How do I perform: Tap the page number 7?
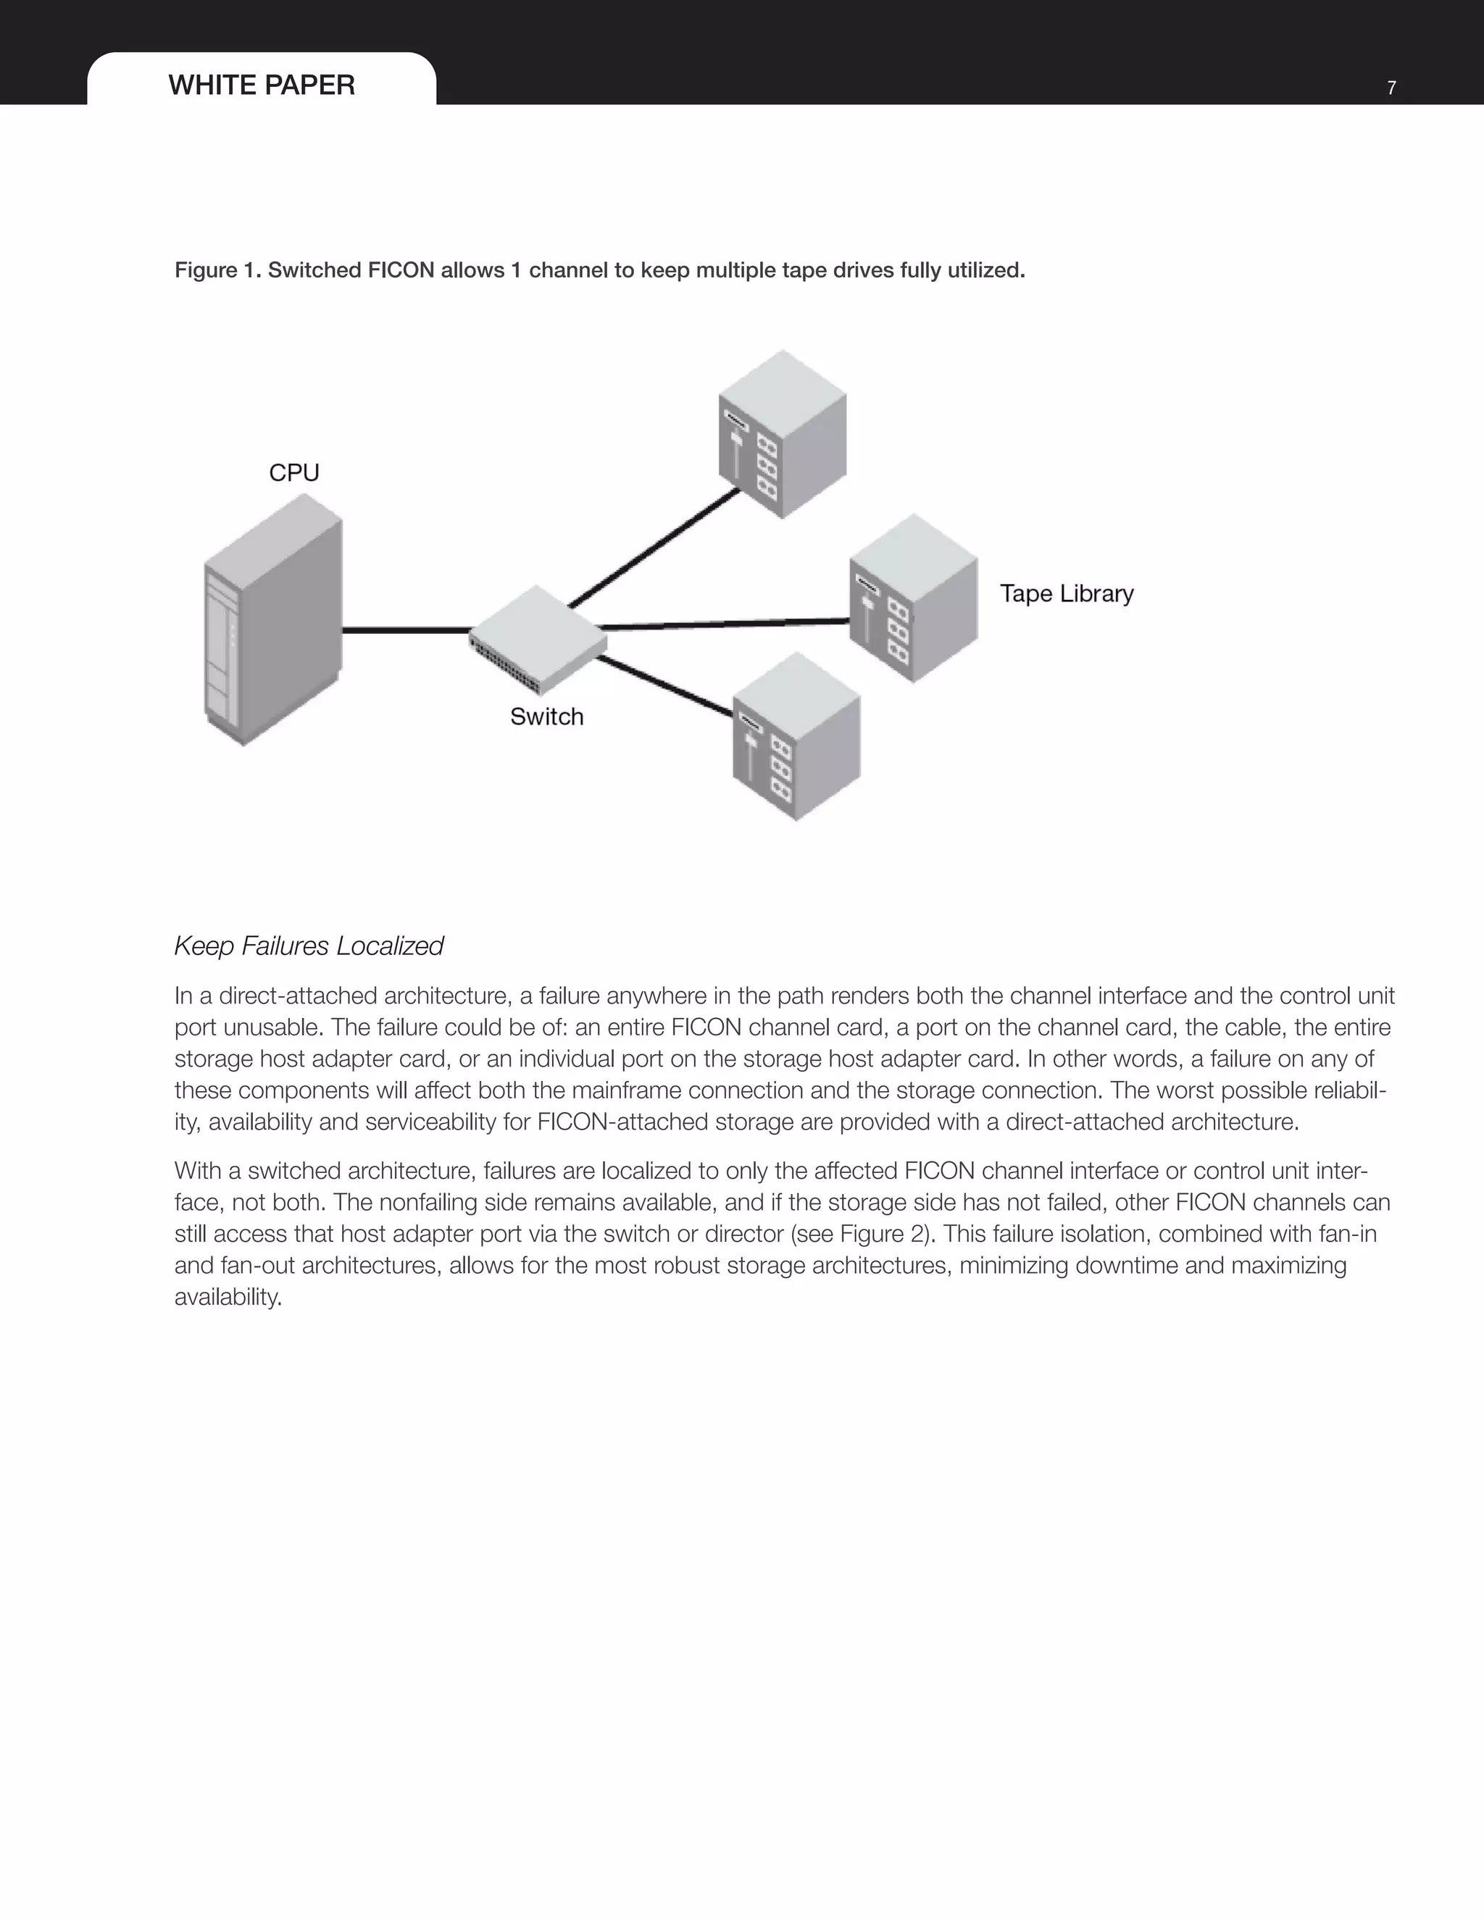[x=1391, y=88]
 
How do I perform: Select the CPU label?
[x=293, y=473]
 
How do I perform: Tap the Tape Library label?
[x=1067, y=594]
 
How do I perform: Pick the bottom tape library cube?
[x=796, y=737]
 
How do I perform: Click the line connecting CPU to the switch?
[x=405, y=630]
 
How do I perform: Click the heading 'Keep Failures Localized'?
[x=309, y=947]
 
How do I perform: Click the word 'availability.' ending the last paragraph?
[x=228, y=1298]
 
